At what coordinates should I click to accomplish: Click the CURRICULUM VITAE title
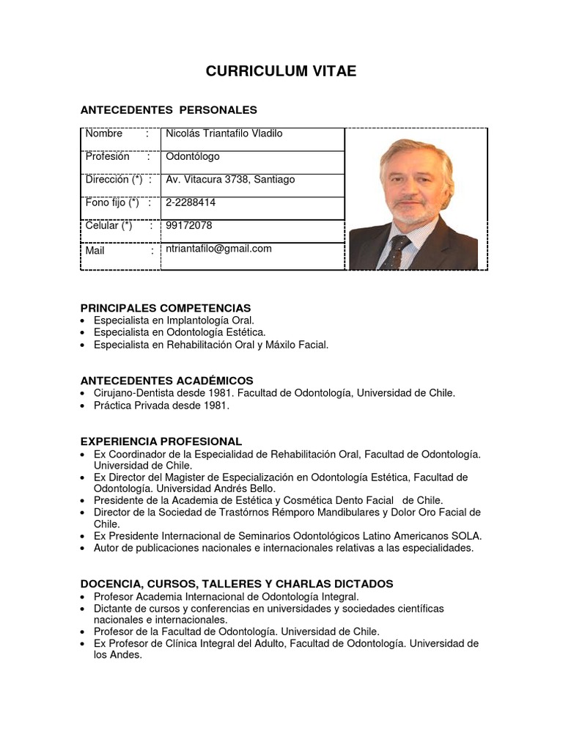click(281, 71)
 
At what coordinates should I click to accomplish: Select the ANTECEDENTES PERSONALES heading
click(168, 110)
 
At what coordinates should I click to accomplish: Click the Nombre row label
click(104, 133)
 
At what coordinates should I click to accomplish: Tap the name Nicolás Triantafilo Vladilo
click(224, 133)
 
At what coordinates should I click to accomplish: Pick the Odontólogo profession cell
click(192, 156)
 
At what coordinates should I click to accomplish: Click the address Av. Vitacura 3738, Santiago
click(230, 180)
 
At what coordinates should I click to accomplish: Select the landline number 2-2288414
click(191, 202)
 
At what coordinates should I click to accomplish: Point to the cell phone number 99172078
click(188, 225)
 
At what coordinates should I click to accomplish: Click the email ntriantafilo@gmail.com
click(218, 249)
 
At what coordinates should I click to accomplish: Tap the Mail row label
click(95, 250)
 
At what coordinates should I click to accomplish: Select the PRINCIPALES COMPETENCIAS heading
click(165, 308)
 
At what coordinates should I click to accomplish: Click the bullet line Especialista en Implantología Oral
click(174, 320)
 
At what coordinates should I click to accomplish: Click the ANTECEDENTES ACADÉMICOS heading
click(166, 381)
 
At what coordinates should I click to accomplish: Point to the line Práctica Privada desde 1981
click(161, 405)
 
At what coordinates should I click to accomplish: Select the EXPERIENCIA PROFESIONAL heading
click(161, 442)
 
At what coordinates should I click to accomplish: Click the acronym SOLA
click(466, 536)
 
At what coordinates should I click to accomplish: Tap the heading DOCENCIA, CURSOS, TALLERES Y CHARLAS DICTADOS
click(236, 584)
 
